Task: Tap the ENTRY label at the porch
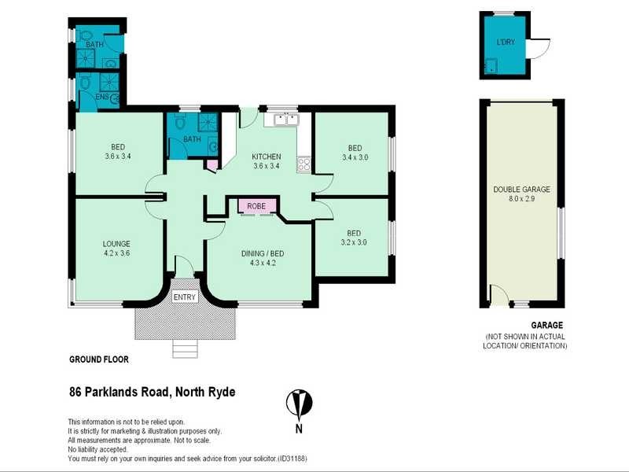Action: tap(184, 297)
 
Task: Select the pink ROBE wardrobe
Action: tap(256, 206)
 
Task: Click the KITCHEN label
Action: tap(267, 155)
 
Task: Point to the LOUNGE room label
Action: tap(116, 243)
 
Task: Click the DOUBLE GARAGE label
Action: tap(521, 190)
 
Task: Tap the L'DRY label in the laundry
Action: tap(506, 42)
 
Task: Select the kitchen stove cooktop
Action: tap(303, 165)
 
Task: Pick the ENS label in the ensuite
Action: tap(101, 97)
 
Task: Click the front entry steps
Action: tap(186, 348)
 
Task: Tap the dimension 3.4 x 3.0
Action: tap(355, 157)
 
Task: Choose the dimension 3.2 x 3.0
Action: tap(355, 242)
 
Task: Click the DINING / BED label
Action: tap(263, 253)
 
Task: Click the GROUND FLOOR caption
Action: tap(99, 359)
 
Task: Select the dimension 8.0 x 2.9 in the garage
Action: tap(521, 199)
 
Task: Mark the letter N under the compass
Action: tap(299, 429)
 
